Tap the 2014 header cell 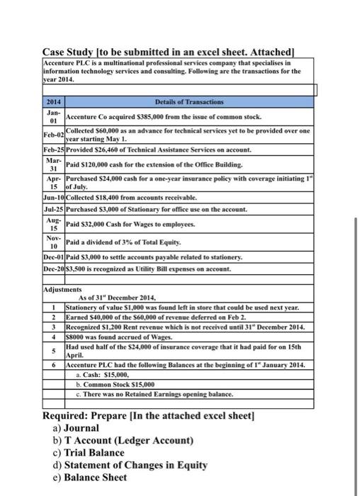[53, 104]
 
